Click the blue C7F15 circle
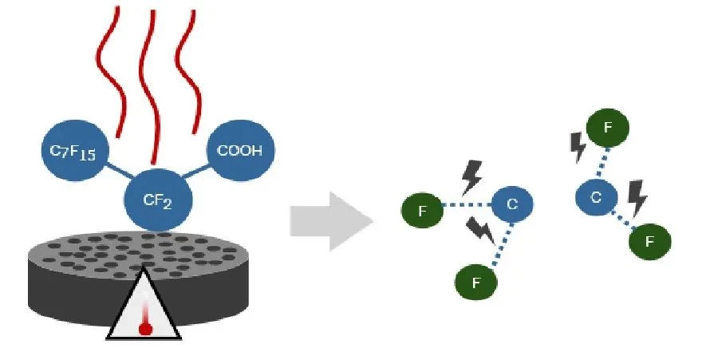75,150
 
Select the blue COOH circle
240,150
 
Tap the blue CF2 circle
158,200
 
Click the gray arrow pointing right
331,221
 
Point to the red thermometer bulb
145,329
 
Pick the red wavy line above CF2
152,86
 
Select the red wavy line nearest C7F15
111,73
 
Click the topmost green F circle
608,128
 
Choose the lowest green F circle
476,283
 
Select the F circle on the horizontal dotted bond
423,210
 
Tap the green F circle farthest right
650,241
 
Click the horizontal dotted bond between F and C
467,205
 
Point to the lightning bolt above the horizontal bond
471,177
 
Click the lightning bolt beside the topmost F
578,147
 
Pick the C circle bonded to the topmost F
597,197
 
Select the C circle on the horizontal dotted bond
512,204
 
